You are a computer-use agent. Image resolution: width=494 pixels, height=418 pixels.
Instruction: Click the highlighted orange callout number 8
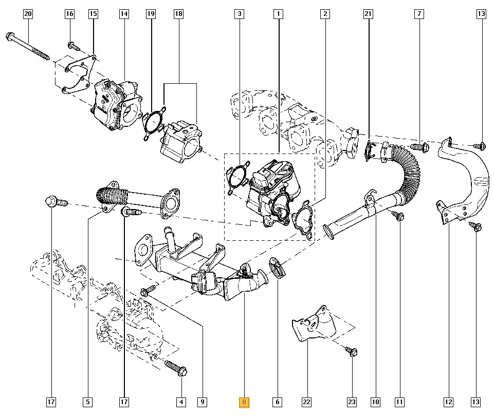[244, 403]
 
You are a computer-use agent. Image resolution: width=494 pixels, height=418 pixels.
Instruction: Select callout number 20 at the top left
[28, 14]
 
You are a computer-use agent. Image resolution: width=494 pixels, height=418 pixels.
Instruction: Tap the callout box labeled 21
[368, 14]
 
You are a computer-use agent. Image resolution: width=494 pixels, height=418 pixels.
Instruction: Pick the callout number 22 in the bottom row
[307, 403]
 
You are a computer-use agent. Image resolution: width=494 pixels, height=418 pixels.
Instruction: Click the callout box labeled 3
[239, 14]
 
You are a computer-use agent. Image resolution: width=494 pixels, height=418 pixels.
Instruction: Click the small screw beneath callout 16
[74, 47]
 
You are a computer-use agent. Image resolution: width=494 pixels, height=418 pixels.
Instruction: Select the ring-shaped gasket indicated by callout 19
[153, 123]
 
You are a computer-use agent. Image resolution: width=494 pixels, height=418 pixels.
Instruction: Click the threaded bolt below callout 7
[419, 148]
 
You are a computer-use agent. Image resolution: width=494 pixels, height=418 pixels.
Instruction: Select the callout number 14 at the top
[124, 14]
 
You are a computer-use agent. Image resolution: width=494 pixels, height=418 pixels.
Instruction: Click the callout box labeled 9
[203, 403]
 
